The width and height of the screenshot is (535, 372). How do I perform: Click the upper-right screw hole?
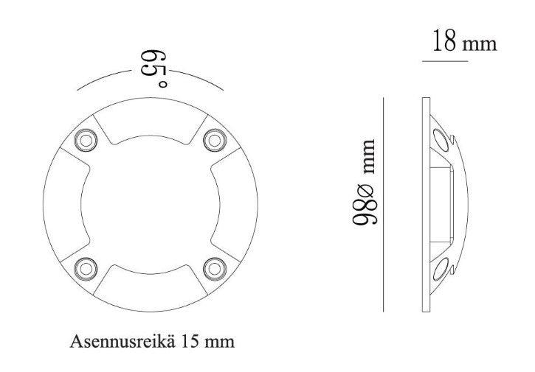pyautogui.click(x=213, y=138)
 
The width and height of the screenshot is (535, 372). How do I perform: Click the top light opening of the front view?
pyautogui.click(x=151, y=127)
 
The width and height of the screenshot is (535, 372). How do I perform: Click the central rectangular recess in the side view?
pyautogui.click(x=441, y=203)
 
